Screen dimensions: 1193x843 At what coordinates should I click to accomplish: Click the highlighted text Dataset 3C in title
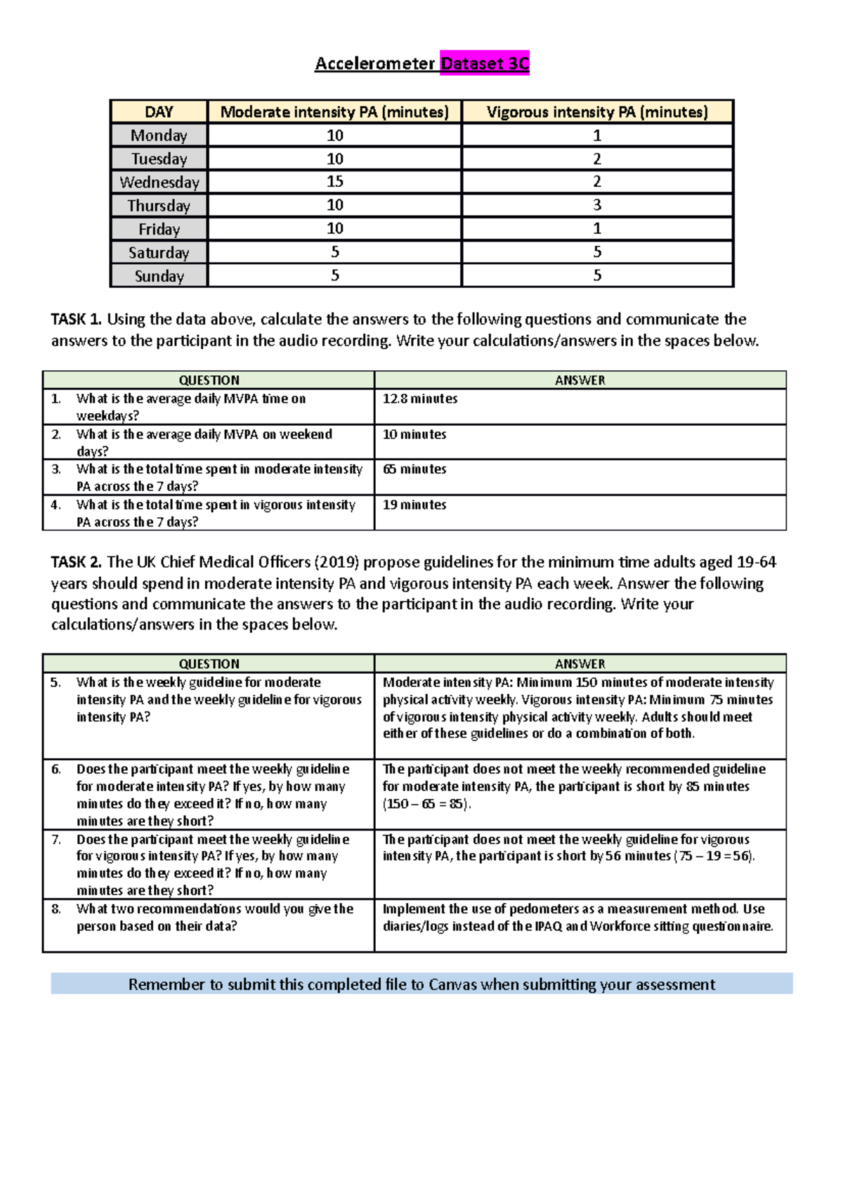[x=485, y=64]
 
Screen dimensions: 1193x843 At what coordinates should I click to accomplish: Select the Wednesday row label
[x=159, y=183]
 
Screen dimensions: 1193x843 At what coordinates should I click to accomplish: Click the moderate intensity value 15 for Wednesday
[x=335, y=182]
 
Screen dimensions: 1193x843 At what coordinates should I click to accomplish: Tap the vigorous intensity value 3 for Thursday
[x=597, y=205]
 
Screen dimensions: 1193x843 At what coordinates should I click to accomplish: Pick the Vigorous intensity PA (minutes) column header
[x=597, y=112]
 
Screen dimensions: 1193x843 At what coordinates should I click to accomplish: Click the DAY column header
[x=159, y=112]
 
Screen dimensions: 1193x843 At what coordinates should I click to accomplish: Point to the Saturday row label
[x=159, y=253]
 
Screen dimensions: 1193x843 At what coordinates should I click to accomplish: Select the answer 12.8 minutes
[x=419, y=399]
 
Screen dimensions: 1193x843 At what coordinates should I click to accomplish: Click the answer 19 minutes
[x=414, y=505]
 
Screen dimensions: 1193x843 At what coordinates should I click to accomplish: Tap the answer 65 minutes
[x=414, y=469]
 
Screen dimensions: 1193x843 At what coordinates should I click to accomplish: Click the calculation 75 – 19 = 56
[x=714, y=856]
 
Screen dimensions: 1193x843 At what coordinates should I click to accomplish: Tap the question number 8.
[x=56, y=909]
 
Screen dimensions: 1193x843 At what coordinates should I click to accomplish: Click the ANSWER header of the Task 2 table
[x=580, y=664]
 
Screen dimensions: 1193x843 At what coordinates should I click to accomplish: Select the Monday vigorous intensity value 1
[x=597, y=136]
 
